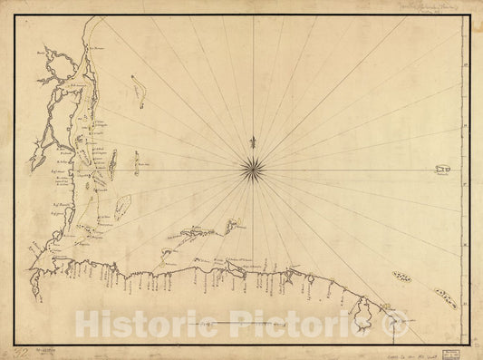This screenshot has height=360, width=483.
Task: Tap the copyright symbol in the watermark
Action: pos(398,322)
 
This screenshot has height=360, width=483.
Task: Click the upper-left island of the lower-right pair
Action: pos(401,277)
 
